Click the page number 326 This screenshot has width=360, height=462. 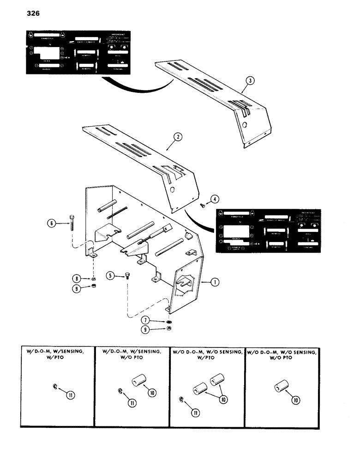pos(30,14)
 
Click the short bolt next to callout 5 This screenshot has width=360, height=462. pos(126,277)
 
